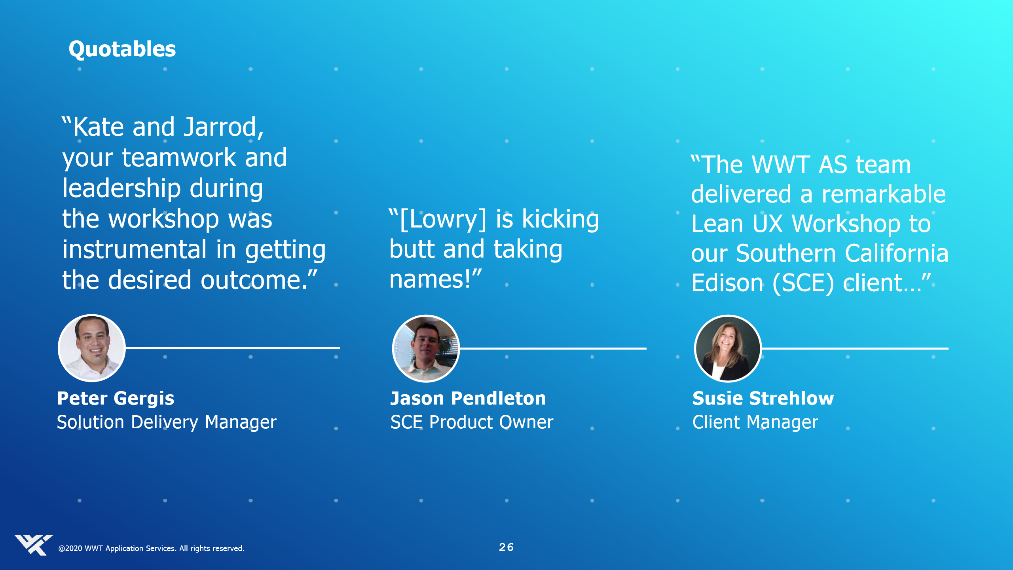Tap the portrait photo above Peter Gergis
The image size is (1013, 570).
point(92,348)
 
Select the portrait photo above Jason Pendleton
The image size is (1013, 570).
point(426,349)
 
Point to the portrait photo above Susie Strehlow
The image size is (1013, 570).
point(728,349)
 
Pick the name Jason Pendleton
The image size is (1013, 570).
point(468,398)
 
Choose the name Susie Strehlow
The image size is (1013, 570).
point(763,398)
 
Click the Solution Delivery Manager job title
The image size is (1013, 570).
point(167,423)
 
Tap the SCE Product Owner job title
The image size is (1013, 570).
point(472,422)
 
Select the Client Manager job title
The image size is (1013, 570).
point(755,423)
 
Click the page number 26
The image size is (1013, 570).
point(506,547)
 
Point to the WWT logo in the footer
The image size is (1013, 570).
point(34,545)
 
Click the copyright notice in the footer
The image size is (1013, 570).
point(151,548)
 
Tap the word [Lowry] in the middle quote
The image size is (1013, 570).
point(443,219)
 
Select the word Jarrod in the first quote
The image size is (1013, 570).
point(224,127)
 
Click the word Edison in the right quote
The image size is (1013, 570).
point(727,283)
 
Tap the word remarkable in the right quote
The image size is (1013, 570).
point(884,194)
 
